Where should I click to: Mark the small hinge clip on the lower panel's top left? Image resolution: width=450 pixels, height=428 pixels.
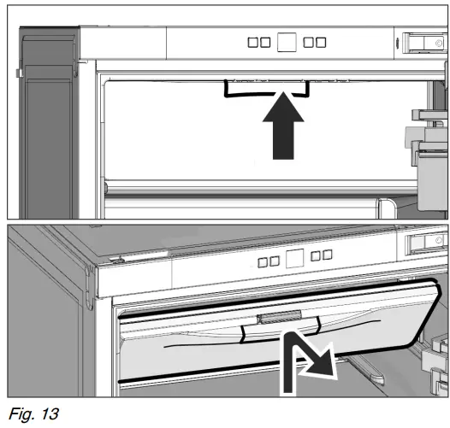(x=116, y=256)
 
